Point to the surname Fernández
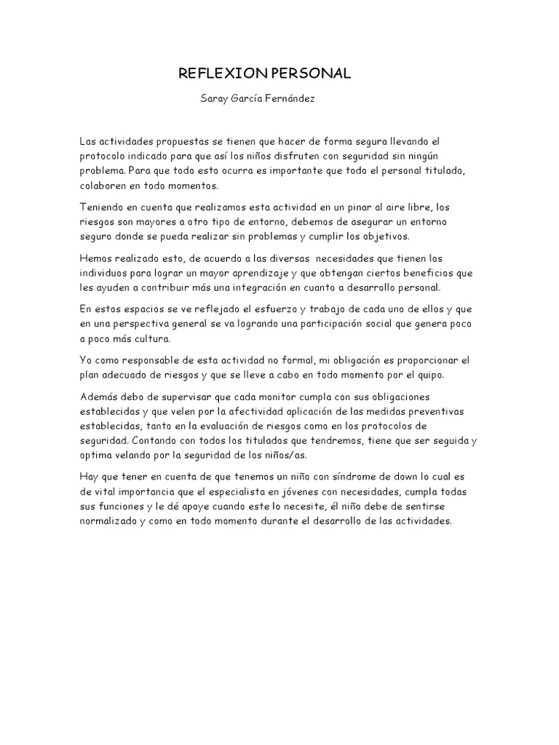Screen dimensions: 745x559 point(290,98)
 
